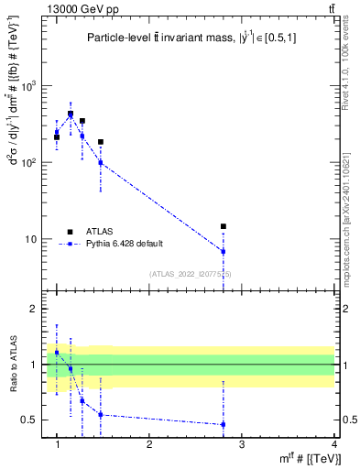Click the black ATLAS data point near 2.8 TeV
click(223, 226)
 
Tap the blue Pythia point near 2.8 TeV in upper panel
click(223, 251)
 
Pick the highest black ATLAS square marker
click(71, 115)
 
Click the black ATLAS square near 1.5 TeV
click(101, 142)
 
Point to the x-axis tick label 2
click(149, 443)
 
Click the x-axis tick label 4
click(333, 443)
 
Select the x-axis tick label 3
click(242, 443)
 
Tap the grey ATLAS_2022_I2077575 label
click(191, 274)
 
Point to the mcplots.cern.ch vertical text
click(352, 220)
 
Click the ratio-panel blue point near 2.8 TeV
click(223, 424)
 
